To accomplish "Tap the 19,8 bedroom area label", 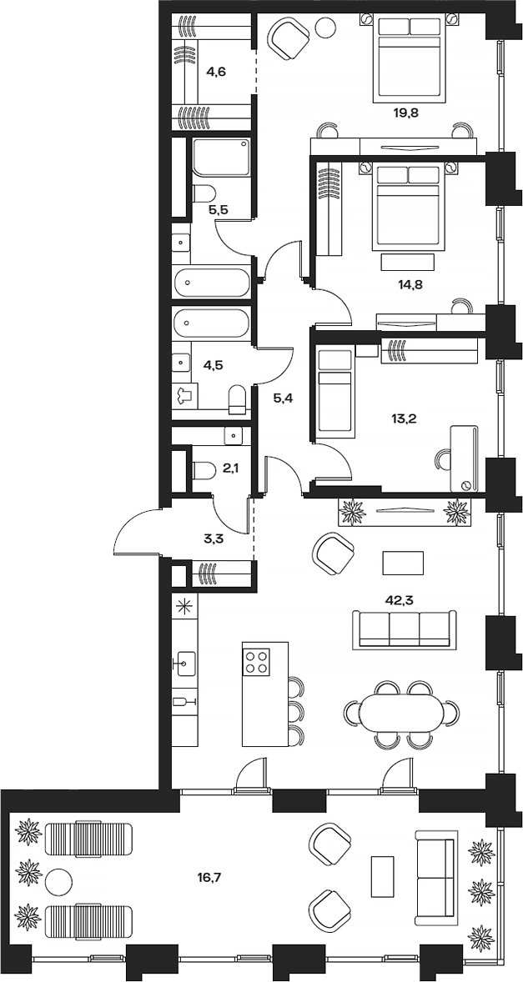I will pos(407,110).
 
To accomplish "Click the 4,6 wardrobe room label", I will pos(216,72).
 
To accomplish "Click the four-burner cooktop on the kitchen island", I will pos(257,662).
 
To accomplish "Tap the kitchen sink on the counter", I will pos(184,664).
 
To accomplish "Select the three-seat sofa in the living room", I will pos(405,628).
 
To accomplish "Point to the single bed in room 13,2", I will pos(336,393).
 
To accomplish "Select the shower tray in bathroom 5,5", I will pos(221,158).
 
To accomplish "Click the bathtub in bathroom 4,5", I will pos(212,325).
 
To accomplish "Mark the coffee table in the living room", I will pos(403,563).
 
